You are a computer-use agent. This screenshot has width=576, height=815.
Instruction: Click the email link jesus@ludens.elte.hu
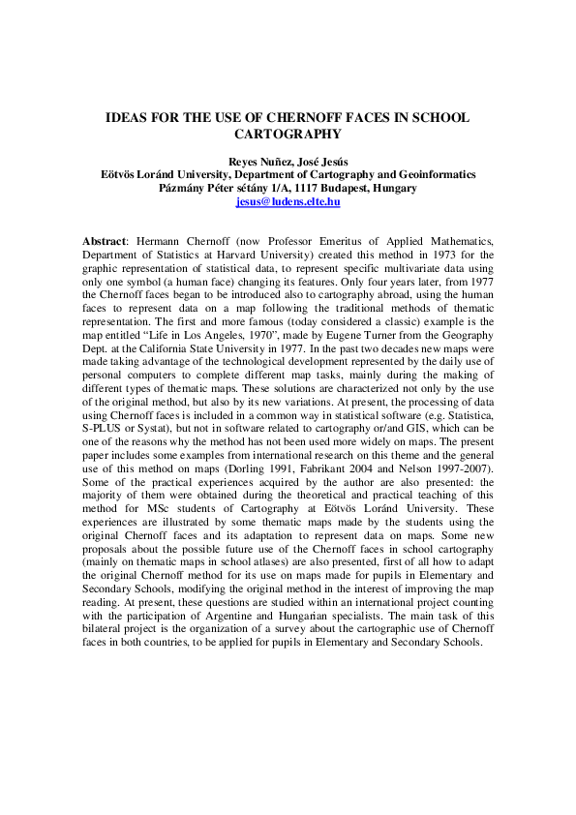point(288,203)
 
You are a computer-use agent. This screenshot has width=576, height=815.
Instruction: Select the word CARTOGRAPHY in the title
point(288,136)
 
